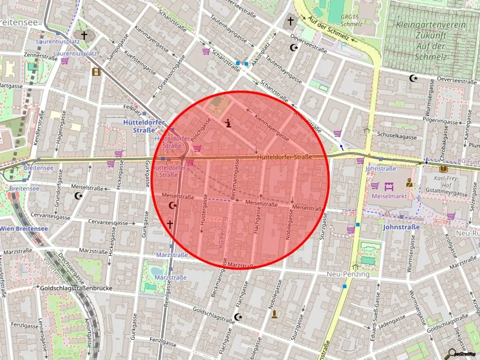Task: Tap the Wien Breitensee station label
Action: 24,228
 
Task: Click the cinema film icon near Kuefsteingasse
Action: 96,72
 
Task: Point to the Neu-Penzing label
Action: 348,274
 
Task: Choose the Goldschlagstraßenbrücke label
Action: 76,288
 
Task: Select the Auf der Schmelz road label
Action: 330,28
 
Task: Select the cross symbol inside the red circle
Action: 170,225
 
